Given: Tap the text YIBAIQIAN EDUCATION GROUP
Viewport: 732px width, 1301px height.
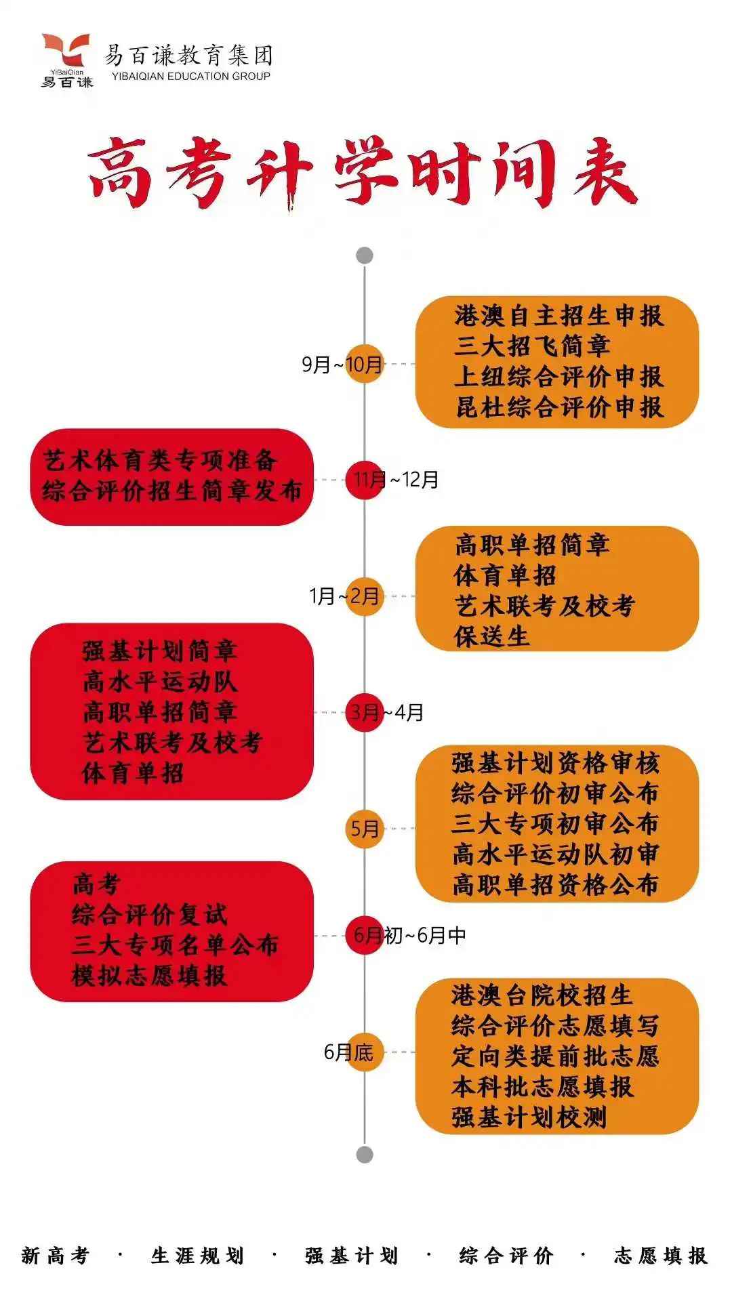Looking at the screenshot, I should coord(187,76).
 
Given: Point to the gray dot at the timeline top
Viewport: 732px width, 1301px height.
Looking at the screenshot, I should coord(365,255).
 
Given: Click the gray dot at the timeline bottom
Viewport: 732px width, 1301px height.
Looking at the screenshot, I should coord(365,1154).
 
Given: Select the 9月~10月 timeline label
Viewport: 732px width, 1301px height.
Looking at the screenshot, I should coord(342,365).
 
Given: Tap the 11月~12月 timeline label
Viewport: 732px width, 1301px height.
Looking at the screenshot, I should coord(396,480).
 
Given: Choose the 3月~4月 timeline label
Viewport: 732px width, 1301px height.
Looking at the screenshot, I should coord(386,712).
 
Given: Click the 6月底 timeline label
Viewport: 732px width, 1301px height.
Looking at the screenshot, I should coord(348,1052).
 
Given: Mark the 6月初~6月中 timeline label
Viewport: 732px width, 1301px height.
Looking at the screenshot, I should coord(410,935).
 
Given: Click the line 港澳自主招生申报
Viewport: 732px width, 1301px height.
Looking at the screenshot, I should coord(558,316).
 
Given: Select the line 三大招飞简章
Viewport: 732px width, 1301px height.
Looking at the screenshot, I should coord(532,346).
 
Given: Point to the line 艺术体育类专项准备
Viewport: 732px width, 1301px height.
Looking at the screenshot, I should coord(161,461).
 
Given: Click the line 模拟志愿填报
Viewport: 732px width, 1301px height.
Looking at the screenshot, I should coord(149,976).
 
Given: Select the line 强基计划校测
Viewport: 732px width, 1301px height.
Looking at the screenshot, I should coord(529,1117).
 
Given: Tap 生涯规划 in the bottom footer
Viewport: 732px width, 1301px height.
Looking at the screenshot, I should coord(197,1256).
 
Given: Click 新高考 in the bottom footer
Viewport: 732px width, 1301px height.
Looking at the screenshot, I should coord(56,1256).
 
